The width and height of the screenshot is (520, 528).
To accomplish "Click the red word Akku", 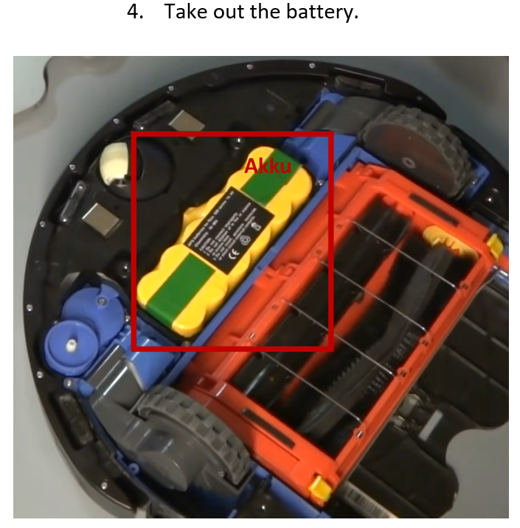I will (x=268, y=166).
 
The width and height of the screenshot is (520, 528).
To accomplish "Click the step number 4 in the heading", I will (x=134, y=13).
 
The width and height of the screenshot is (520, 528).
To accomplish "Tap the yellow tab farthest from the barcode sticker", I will (x=494, y=245).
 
